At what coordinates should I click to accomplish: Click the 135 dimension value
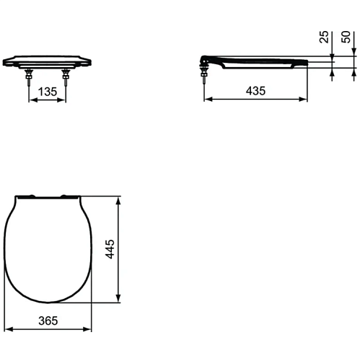tap(48, 92)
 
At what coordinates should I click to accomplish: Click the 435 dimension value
tap(255, 91)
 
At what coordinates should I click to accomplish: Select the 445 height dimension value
tap(110, 249)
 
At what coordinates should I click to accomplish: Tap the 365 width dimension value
tap(48, 321)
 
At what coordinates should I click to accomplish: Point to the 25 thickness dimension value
tap(324, 37)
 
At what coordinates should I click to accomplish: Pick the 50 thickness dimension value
tap(346, 37)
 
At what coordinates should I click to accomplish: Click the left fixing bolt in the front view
tap(29, 76)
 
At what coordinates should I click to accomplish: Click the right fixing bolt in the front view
tap(66, 76)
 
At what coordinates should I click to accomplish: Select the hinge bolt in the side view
tap(204, 71)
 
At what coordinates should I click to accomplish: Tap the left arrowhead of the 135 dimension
tap(33, 100)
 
